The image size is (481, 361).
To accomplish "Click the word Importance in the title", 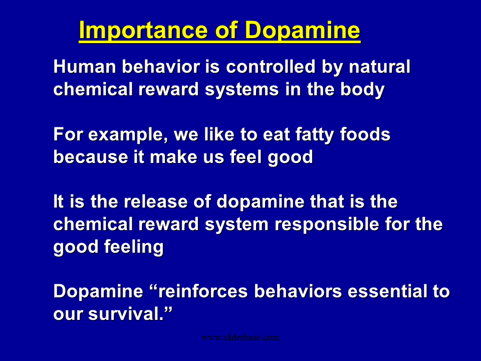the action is coord(143,31).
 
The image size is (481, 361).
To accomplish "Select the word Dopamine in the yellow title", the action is coord(303,31).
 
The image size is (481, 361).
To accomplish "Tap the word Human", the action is coord(85,66).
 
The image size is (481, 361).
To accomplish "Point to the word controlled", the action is coord(271,66).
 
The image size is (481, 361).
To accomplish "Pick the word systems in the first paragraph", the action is coord(242,90).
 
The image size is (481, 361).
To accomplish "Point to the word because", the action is coord(91,156).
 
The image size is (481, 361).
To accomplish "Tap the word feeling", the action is coord(134,247).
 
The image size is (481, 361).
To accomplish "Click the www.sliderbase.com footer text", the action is coord(241,337).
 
